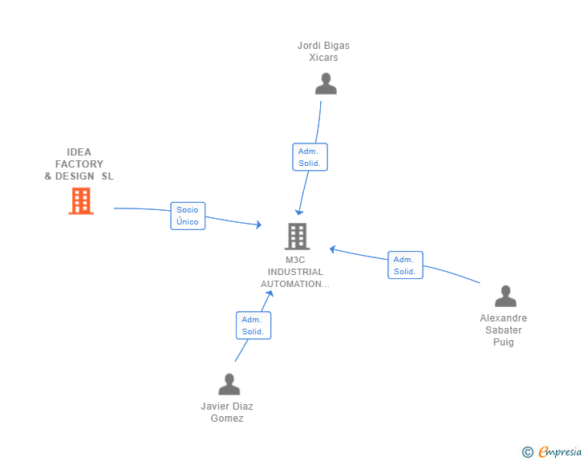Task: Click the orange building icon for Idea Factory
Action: pos(81,201)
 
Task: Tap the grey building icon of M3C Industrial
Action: pos(297,237)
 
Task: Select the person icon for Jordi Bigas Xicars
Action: pos(326,84)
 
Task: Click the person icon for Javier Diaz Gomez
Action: pos(229,385)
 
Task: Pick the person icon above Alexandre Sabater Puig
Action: pos(505,297)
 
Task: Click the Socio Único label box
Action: pos(188,216)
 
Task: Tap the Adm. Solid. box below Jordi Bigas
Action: pos(309,157)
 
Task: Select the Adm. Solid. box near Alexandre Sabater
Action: pos(404,265)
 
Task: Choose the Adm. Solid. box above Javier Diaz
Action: pos(253,326)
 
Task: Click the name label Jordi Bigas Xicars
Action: pos(323,51)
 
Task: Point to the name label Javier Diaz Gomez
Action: pos(227,412)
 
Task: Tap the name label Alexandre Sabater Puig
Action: pos(504,330)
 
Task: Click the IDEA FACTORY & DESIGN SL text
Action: pos(79,164)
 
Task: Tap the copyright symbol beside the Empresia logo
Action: pos(527,453)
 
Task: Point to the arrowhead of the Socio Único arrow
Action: pos(258,226)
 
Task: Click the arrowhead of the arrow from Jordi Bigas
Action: pos(298,212)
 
